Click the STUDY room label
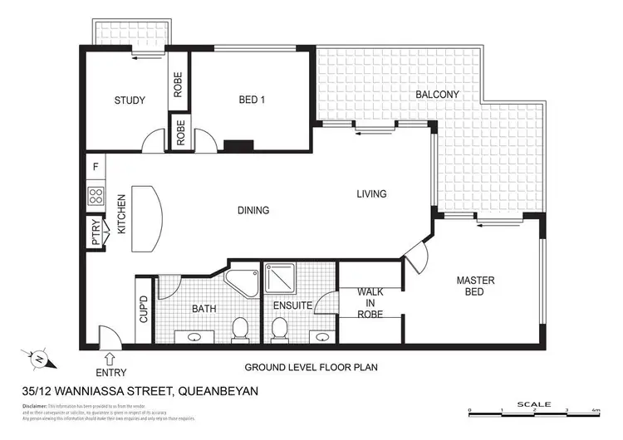coord(130,100)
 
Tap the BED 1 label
coord(252,100)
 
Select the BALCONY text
coord(437,95)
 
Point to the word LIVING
coord(371,194)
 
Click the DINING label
coord(253,210)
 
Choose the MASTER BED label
coord(475,286)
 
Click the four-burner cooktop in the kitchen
coord(96,197)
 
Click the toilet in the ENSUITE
coord(280,329)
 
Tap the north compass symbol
coord(40,359)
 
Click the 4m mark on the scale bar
coord(596,411)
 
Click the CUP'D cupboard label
coord(143,309)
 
